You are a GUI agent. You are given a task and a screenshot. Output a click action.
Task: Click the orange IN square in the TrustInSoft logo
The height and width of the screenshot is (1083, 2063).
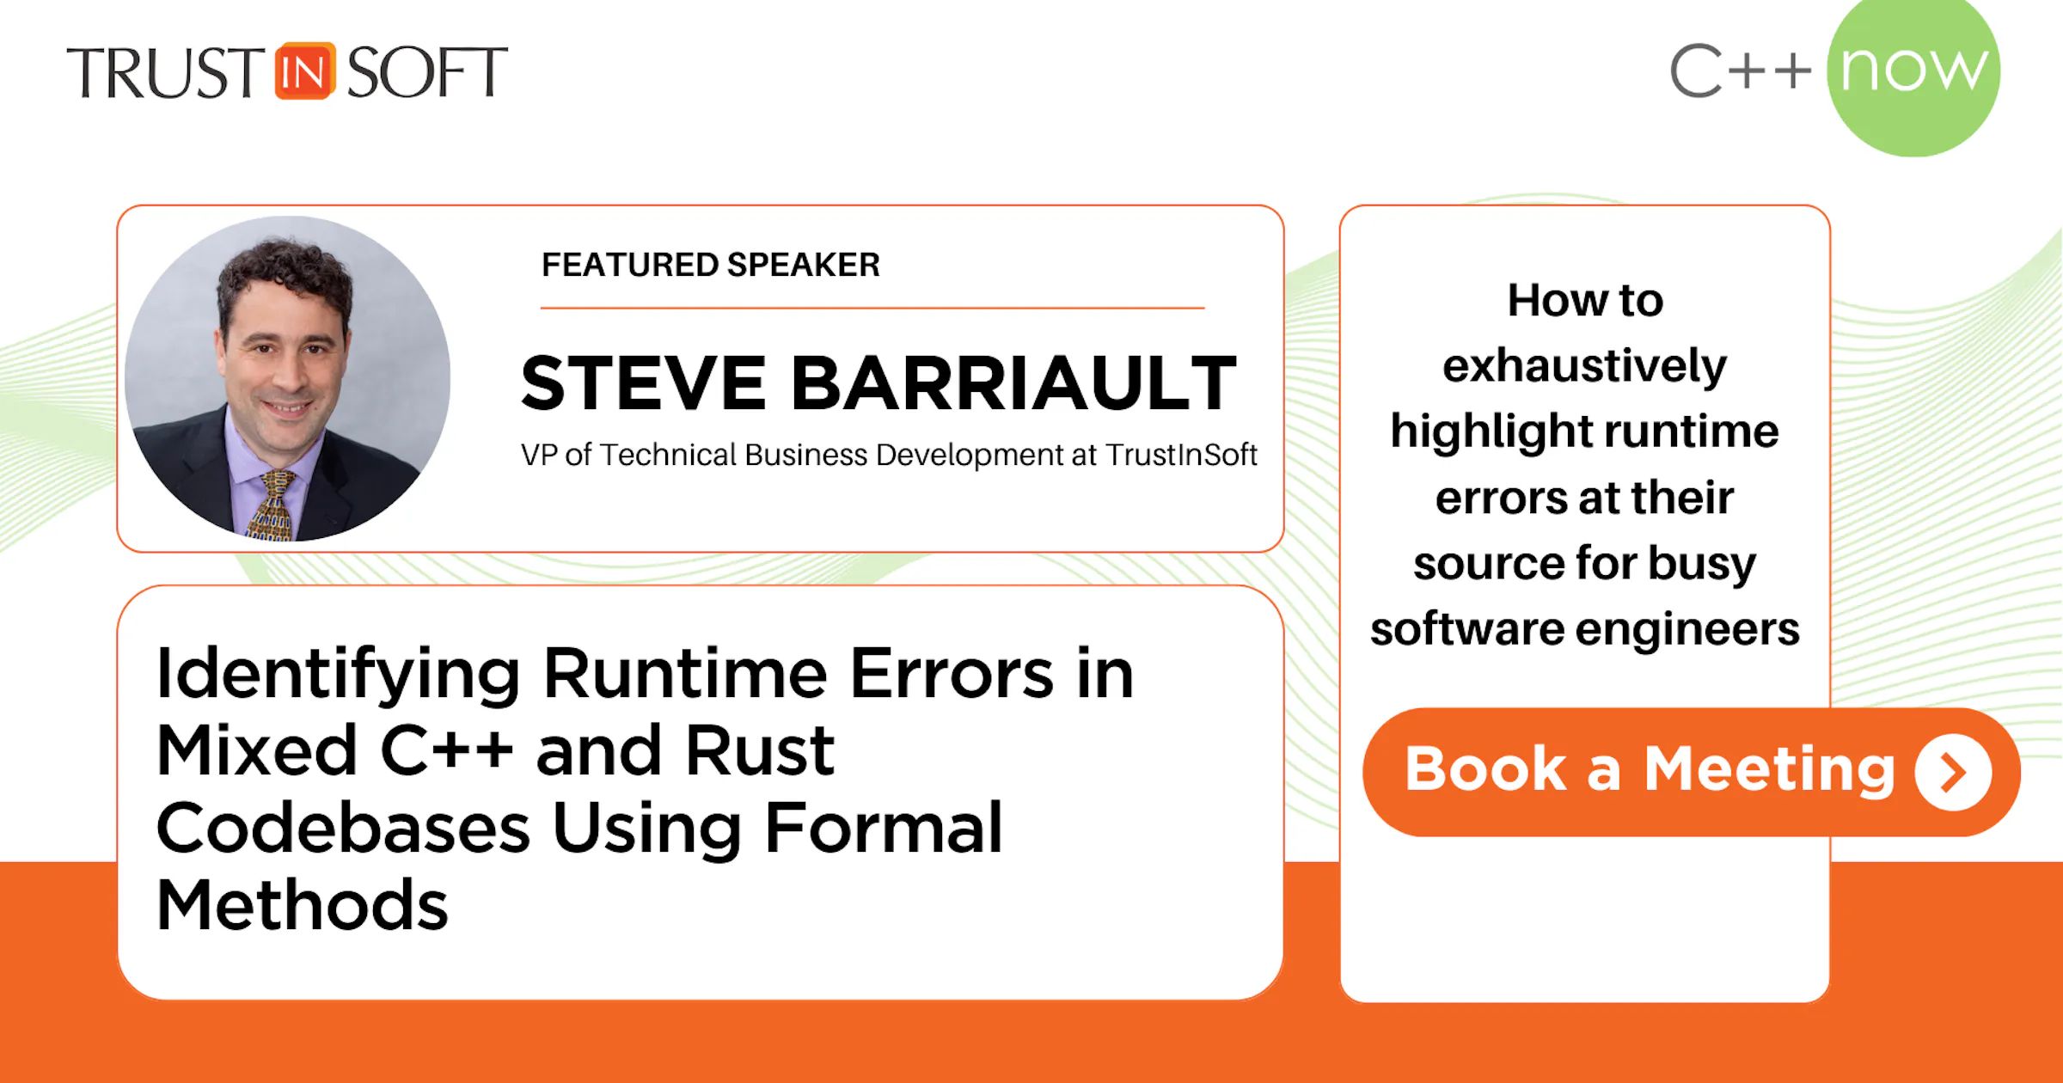coord(304,71)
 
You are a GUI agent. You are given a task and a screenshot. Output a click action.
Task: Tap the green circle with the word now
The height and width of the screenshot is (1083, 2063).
coord(1913,71)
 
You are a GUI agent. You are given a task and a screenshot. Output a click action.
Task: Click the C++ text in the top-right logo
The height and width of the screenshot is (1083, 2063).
coord(1741,70)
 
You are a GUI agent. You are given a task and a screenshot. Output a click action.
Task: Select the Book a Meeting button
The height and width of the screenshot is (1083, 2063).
coord(1692,771)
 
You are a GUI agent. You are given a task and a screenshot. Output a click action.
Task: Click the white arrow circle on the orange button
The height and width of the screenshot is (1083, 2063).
coord(1953,772)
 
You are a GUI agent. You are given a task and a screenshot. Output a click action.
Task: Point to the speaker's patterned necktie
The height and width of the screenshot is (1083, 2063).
coord(273,507)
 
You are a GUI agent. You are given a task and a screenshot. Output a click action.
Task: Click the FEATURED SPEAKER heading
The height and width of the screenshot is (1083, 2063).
coord(711,265)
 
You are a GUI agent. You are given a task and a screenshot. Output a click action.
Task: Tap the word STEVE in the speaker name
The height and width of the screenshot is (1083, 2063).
coord(643,383)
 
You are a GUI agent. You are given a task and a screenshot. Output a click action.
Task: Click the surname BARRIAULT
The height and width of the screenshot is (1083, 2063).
coord(1013,383)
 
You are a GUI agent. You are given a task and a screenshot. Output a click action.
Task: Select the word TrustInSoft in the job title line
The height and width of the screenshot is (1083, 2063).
coord(1181,454)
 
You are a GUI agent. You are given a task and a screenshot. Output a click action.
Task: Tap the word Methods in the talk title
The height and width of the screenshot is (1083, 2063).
coord(303,905)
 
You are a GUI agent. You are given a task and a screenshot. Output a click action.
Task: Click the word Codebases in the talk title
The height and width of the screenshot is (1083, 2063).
coord(343,828)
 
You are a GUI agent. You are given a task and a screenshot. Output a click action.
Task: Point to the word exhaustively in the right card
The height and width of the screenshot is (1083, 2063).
coord(1584,367)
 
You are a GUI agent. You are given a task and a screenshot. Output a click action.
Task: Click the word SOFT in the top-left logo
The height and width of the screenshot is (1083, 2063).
coord(427,72)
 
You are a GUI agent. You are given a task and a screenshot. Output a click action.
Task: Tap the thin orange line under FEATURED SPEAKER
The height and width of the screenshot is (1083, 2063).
coord(872,307)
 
